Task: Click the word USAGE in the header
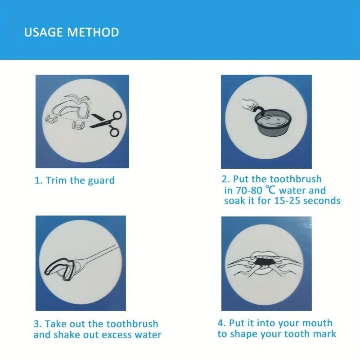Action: pos(44,32)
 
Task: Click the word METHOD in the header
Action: pos(93,32)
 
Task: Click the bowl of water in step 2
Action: pos(273,126)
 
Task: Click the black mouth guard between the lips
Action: pos(265,262)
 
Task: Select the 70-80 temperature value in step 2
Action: pos(250,190)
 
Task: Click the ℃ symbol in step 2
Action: pos(270,190)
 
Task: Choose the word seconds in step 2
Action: pos(322,201)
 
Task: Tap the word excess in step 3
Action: pos(117,335)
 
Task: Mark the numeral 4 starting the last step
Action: pos(220,323)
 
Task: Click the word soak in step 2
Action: pos(234,201)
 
